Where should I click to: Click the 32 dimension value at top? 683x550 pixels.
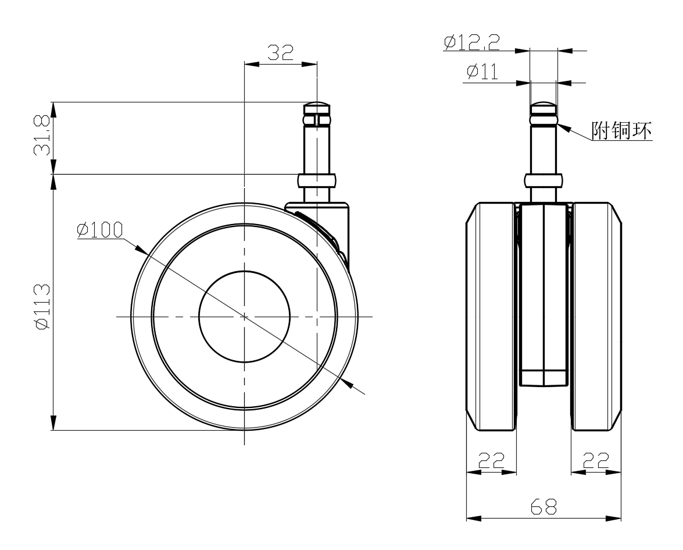(x=281, y=53)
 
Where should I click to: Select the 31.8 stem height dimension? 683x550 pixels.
(x=42, y=136)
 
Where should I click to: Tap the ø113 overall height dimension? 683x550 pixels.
(x=42, y=307)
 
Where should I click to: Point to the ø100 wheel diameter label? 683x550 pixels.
(x=100, y=230)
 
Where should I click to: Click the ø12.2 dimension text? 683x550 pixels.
(x=472, y=42)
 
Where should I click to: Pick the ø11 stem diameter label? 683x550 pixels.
(x=482, y=72)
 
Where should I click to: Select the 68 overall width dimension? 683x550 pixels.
(x=543, y=507)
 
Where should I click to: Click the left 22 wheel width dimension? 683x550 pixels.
(x=491, y=460)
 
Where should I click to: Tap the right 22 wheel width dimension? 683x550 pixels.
(x=596, y=460)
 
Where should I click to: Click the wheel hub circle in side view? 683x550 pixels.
(x=244, y=316)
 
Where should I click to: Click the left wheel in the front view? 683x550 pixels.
(x=491, y=316)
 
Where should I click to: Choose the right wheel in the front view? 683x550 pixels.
(x=596, y=316)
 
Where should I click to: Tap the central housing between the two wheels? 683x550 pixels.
(x=543, y=294)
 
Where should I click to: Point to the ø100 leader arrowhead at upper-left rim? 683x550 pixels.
(x=141, y=250)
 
